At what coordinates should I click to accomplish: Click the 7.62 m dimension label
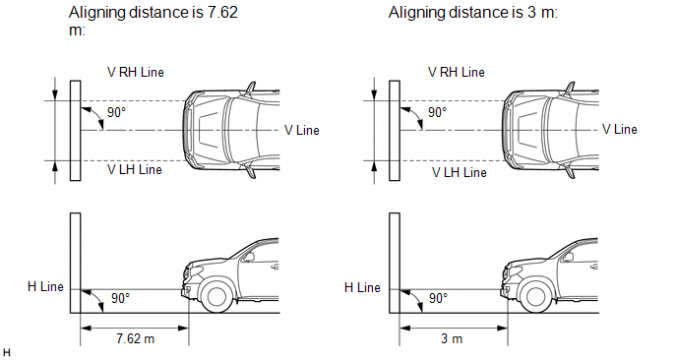tap(135, 338)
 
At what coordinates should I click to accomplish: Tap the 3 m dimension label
tap(452, 338)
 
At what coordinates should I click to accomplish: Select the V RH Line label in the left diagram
tap(136, 72)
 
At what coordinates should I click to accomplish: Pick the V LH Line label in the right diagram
tap(460, 173)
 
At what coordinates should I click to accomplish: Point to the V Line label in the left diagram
tap(302, 130)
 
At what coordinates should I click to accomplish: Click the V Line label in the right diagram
tap(620, 129)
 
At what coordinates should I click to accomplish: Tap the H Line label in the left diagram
tap(45, 286)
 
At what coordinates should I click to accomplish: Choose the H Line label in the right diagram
tap(362, 287)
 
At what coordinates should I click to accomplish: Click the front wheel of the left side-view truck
tap(216, 296)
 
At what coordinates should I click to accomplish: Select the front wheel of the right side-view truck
tap(536, 296)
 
